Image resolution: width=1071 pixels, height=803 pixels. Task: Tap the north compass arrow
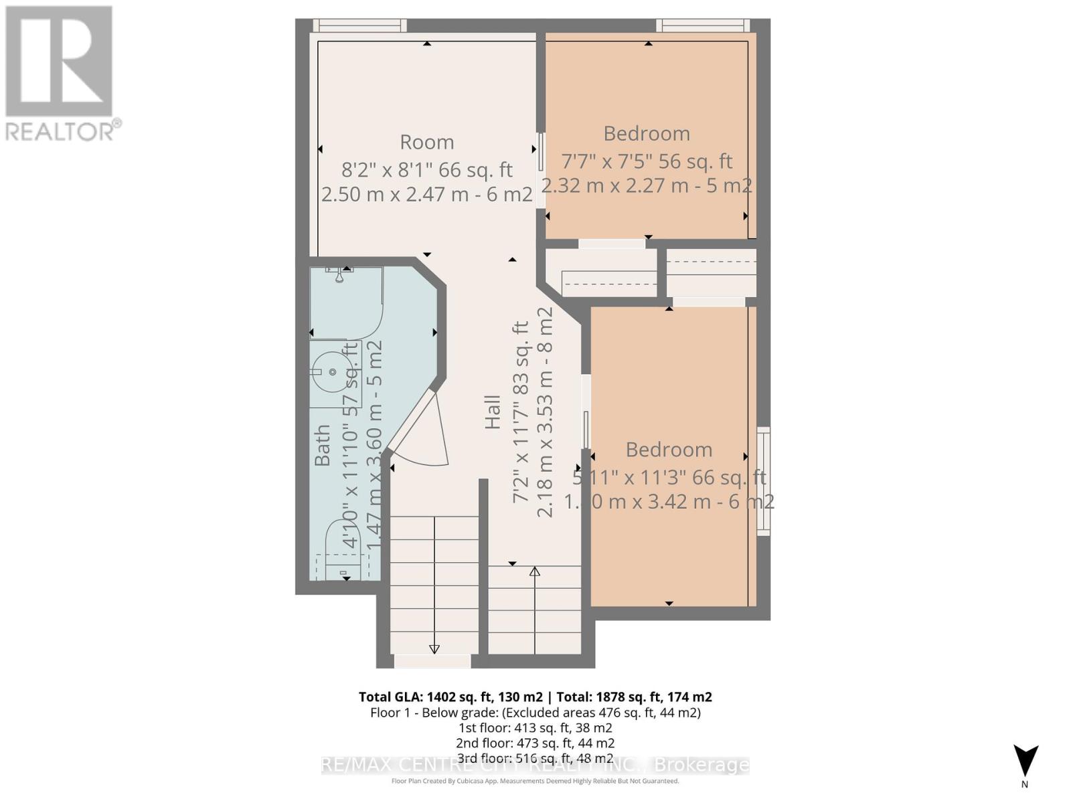1025,761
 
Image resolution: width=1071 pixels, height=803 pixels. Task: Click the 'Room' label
426,142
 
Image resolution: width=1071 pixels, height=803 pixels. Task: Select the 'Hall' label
493,412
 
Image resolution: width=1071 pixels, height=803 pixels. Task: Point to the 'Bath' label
323,445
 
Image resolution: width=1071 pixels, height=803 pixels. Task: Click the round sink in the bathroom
332,372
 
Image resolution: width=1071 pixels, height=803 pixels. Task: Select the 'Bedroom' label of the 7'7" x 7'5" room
646,133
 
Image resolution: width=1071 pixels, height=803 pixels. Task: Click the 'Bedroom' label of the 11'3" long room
668,449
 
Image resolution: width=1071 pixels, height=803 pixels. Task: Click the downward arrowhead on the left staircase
434,648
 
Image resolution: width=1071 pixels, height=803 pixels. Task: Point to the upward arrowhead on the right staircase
534,571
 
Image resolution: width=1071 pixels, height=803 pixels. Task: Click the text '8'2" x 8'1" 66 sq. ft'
426,169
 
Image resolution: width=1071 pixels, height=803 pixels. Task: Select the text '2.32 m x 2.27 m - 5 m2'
646,185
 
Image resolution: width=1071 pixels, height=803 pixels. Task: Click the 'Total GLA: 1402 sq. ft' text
450,697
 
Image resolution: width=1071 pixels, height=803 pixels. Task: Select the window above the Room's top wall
360,25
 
